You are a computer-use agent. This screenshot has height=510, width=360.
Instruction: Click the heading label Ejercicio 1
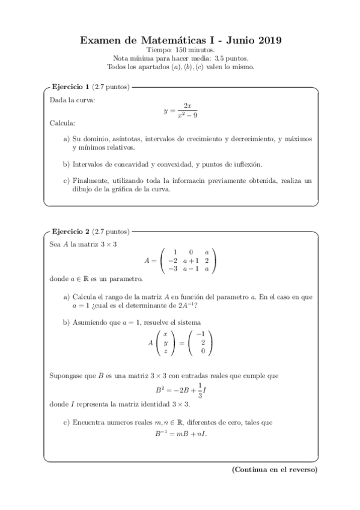[x=71, y=87]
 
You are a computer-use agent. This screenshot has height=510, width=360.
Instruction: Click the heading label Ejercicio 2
[x=71, y=231]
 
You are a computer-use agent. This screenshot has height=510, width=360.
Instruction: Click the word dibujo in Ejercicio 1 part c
[x=82, y=189]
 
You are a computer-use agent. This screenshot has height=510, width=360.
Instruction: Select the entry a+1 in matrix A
[x=191, y=260]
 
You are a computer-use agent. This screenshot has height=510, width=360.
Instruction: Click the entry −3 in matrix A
[x=172, y=268]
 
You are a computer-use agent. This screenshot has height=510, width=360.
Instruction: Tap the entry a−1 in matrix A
[x=191, y=268]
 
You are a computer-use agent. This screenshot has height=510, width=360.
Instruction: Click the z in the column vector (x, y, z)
[x=165, y=351]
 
